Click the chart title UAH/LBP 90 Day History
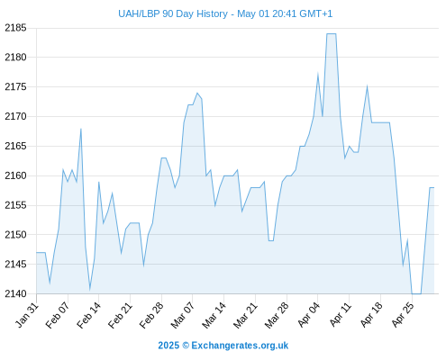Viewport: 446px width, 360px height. (x=173, y=13)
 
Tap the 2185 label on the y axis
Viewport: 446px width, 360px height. (x=15, y=28)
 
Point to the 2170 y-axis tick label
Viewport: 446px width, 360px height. (x=15, y=116)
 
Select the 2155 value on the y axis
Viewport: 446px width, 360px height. (x=15, y=205)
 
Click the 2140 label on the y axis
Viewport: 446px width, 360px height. (x=15, y=293)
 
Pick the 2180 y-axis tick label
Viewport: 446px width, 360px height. (x=15, y=57)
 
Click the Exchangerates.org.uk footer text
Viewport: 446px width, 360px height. (x=240, y=346)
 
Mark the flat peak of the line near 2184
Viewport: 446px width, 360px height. (x=332, y=34)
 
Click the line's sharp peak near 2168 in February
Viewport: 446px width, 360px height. (x=81, y=129)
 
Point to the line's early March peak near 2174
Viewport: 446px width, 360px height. (x=197, y=93)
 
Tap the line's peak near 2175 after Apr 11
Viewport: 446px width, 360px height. (x=367, y=86)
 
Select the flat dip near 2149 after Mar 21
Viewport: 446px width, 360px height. (x=271, y=240)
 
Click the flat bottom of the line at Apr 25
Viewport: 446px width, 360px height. (x=416, y=293)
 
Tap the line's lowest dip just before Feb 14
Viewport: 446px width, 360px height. (x=89, y=290)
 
